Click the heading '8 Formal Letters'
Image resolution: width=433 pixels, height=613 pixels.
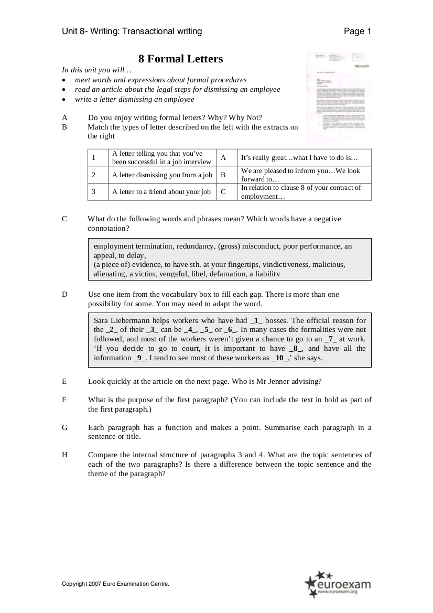[180, 59]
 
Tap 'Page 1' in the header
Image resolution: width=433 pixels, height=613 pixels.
[357, 31]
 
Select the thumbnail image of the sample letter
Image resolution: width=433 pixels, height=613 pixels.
[339, 98]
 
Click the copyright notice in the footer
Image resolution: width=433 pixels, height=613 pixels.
[115, 584]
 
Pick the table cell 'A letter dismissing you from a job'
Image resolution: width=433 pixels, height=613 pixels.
[162, 175]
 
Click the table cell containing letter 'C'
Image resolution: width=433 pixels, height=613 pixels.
[223, 192]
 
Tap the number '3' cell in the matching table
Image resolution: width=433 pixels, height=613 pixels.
[93, 192]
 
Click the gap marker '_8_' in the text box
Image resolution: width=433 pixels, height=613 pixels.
[296, 349]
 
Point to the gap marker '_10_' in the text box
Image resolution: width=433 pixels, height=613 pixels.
[280, 359]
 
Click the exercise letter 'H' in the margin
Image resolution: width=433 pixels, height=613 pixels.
[64, 455]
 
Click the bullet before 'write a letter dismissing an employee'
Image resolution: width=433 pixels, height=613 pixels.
[64, 100]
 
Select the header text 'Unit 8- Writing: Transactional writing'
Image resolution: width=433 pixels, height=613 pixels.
[132, 31]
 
